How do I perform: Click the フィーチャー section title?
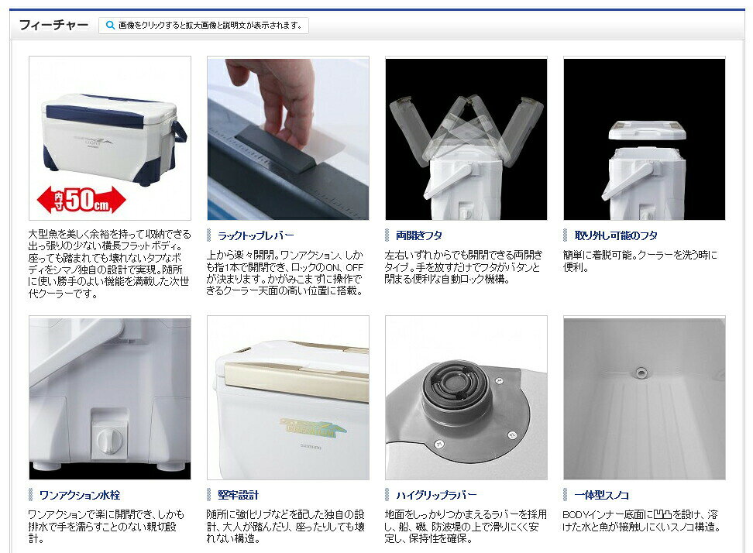53,25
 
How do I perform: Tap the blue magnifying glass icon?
110,25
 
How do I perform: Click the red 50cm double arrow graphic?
81,200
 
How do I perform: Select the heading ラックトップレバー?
256,235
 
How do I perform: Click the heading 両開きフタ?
419,235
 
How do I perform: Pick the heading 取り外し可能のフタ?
616,235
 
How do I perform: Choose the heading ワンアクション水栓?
80,495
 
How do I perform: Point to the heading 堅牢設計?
238,495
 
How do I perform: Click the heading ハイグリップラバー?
436,495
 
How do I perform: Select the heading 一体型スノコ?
601,495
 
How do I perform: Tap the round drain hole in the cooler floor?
640,373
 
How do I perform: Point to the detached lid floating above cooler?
647,131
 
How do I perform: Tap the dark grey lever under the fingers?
276,149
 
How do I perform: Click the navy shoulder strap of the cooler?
178,132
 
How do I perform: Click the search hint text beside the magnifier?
211,25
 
